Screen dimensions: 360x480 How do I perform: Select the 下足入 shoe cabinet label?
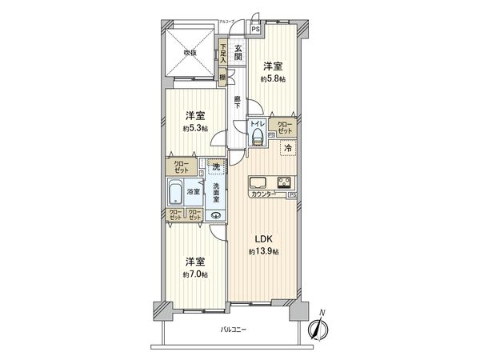click(222, 53)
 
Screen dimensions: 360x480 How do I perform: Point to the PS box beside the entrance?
click(255, 30)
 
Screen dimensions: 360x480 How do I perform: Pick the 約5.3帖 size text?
click(194, 128)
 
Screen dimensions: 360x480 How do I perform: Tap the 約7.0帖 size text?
click(194, 274)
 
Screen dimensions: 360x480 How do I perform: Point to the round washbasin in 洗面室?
click(216, 214)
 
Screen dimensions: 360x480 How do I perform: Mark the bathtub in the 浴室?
click(177, 192)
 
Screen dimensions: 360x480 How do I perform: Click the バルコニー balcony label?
click(234, 330)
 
